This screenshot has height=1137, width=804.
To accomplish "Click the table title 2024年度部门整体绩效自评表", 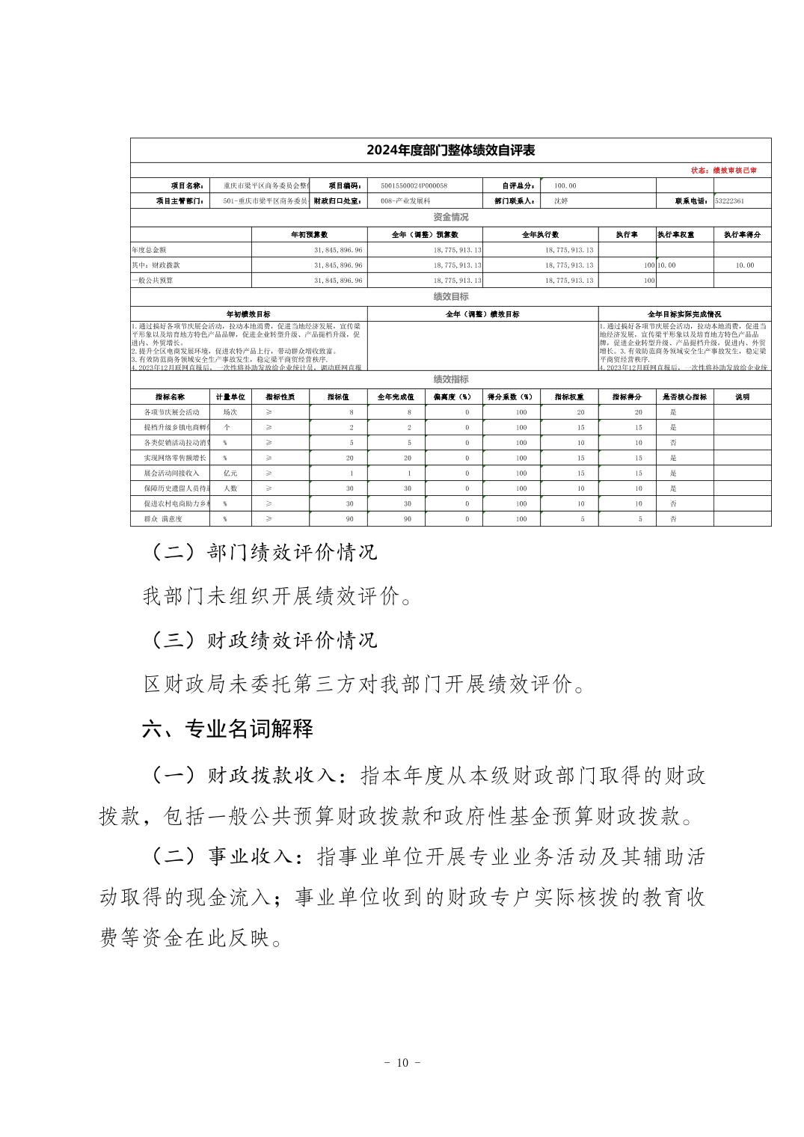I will (450, 150).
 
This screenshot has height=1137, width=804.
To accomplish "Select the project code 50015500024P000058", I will (414, 186).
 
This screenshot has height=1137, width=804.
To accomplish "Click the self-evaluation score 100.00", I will (565, 186).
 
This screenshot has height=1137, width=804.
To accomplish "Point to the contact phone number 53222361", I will (730, 201).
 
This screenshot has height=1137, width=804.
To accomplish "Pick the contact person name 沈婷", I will (561, 201).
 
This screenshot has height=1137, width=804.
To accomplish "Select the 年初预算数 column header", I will (310, 234).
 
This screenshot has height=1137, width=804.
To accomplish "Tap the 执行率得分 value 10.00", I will (744, 265).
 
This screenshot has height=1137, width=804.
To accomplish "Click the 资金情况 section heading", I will (450, 217).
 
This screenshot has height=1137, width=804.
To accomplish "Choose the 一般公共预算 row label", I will (153, 281).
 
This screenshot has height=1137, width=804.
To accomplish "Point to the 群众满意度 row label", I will (162, 518).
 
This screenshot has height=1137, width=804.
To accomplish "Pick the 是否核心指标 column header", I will (684, 397).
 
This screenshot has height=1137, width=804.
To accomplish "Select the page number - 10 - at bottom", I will (402, 1063).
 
